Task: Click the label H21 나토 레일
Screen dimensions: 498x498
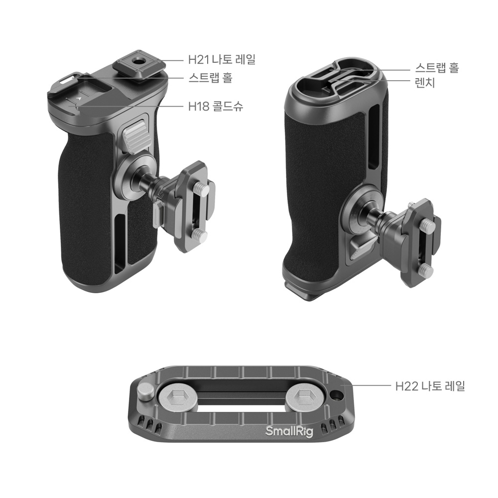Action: [x=222, y=59]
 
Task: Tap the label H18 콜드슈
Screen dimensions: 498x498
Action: [x=216, y=106]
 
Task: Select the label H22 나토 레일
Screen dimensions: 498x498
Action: [x=430, y=386]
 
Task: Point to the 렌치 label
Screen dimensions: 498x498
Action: [x=425, y=83]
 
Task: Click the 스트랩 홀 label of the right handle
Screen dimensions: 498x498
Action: [x=437, y=68]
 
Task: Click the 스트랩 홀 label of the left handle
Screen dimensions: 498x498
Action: [x=210, y=78]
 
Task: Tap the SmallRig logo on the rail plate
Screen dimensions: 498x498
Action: [x=289, y=431]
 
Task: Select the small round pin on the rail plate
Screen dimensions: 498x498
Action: [x=145, y=392]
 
